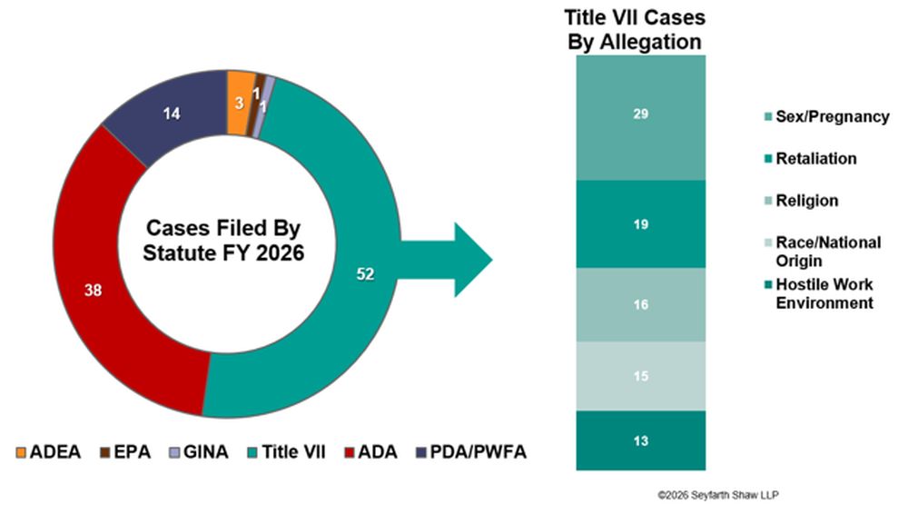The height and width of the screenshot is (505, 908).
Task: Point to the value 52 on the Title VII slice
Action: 365,274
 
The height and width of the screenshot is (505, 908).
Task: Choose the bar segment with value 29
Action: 640,117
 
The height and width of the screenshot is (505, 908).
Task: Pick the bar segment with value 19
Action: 640,224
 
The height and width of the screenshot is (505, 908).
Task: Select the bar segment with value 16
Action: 640,304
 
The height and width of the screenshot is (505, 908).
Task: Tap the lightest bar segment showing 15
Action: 640,376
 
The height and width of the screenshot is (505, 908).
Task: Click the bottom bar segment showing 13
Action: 640,441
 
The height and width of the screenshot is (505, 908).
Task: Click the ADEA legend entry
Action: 49,451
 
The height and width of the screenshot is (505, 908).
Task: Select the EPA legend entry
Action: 125,451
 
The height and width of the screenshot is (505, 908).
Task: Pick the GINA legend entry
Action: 199,451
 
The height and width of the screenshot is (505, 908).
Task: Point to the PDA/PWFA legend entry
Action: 471,451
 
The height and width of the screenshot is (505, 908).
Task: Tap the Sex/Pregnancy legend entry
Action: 827,116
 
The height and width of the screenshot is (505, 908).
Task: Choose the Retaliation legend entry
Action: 811,158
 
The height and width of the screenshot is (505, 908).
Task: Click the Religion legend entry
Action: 802,201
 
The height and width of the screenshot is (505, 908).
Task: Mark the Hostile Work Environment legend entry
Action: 819,293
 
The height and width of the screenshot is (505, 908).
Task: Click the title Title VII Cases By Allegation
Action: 635,30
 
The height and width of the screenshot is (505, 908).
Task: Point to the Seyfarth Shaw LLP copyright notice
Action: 718,495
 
